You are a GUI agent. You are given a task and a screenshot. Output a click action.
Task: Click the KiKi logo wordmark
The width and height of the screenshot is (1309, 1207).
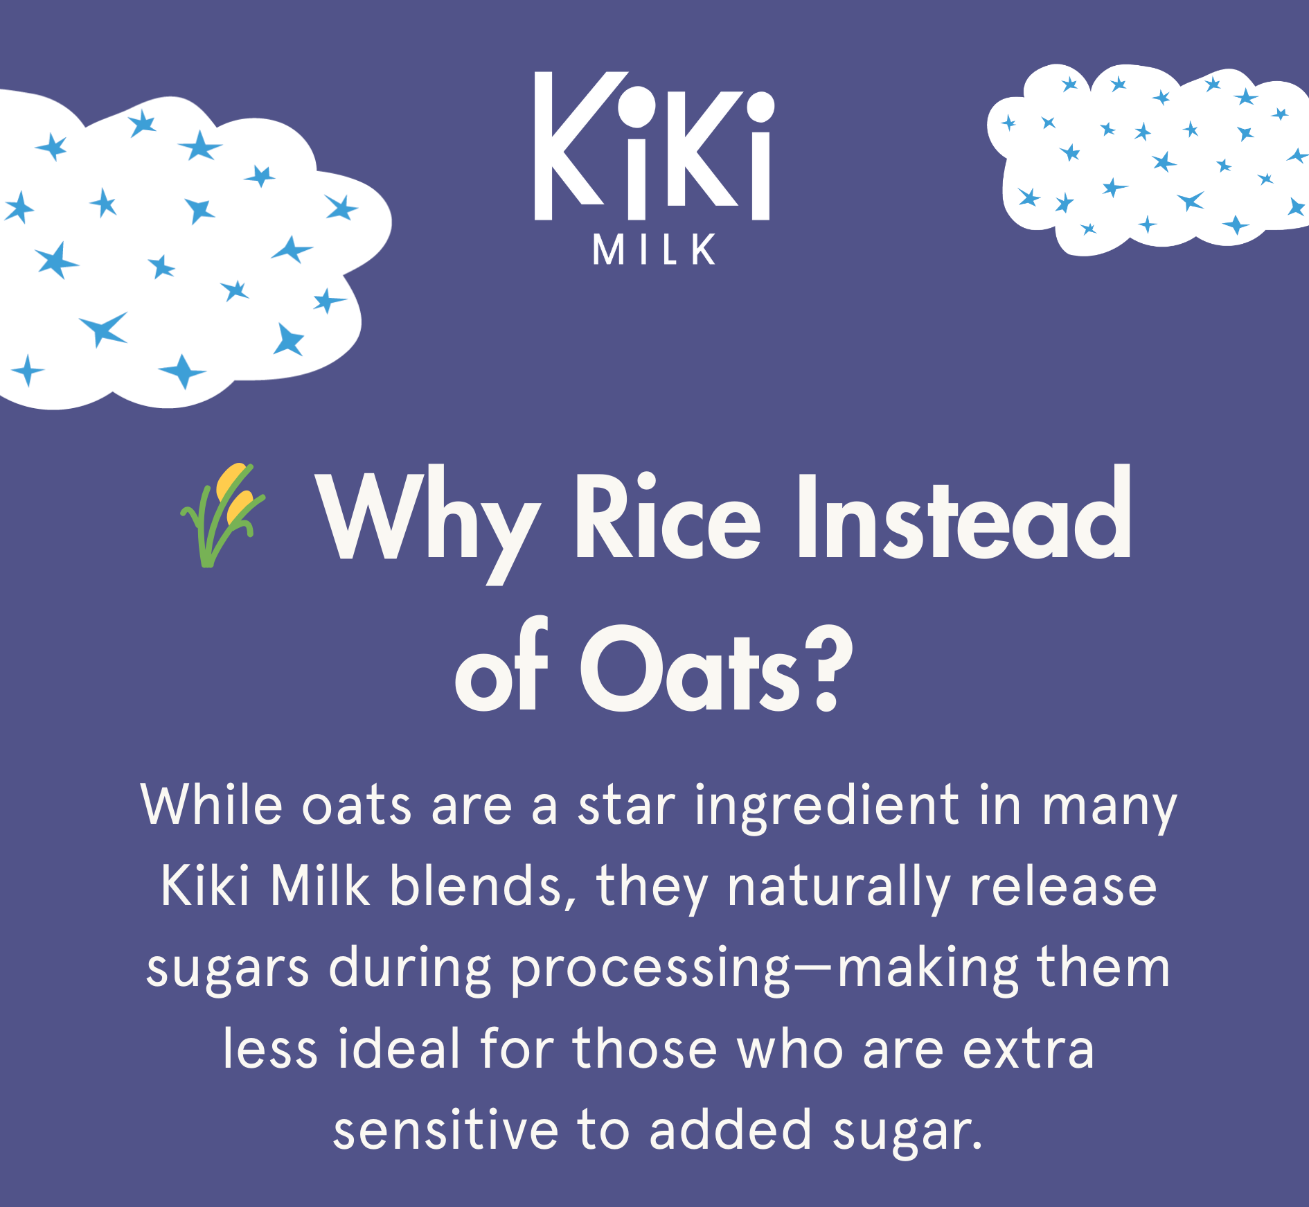654,146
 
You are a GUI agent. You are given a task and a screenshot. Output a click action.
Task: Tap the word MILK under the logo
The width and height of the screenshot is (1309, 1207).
654,249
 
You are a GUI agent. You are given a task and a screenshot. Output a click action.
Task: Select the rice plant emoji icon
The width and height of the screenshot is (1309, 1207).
222,515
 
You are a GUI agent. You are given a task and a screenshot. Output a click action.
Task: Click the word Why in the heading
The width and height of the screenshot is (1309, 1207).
427,527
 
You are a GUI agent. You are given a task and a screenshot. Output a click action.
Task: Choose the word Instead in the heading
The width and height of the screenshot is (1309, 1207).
965,513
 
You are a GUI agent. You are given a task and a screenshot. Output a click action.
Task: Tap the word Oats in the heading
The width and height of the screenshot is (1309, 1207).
690,668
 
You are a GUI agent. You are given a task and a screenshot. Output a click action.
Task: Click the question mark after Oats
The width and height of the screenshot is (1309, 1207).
828,669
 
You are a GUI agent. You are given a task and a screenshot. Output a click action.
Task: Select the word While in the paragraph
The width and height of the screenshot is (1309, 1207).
212,804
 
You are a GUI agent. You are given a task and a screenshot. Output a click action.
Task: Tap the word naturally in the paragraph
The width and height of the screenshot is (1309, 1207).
839,889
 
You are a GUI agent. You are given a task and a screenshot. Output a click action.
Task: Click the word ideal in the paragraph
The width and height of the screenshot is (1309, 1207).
400,1048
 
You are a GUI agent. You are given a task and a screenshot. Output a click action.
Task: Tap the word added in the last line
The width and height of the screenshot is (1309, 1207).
730,1129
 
